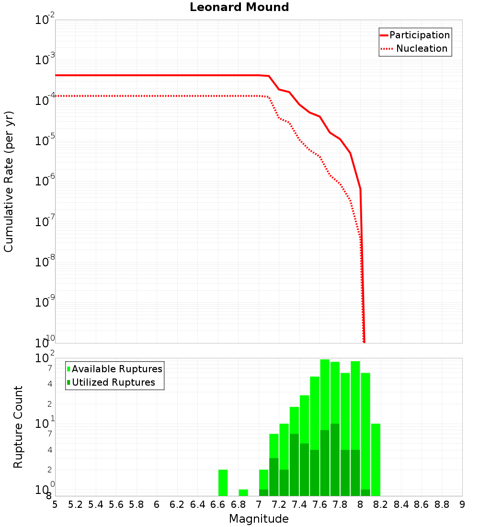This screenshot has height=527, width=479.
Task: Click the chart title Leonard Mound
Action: coord(239,8)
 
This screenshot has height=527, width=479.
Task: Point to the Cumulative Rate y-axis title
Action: coord(9,182)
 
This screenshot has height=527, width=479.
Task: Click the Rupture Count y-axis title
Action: coord(18,427)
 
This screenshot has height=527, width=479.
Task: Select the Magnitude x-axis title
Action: coord(259,519)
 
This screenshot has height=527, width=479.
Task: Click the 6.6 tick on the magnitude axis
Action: coord(218,504)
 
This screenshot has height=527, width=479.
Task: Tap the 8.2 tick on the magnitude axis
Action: coord(381,504)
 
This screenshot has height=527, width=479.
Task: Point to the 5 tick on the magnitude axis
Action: coord(55,504)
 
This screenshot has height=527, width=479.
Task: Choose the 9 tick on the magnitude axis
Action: coord(462,504)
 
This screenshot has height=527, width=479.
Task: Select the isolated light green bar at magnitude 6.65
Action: coord(223,483)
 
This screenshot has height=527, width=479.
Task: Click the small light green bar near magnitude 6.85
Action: coord(243,493)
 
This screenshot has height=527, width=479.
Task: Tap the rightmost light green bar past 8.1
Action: coord(376,460)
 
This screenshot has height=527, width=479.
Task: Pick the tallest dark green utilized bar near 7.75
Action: coord(335,460)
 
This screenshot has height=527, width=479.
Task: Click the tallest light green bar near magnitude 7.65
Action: coord(325,393)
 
